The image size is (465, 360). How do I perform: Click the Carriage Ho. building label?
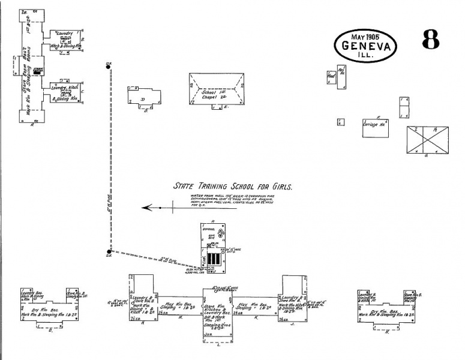pyautogui.click(x=374, y=125)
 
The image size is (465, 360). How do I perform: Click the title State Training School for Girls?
pyautogui.click(x=233, y=187)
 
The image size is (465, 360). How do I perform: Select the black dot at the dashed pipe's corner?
pyautogui.click(x=109, y=252)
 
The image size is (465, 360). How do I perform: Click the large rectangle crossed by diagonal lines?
pyautogui.click(x=428, y=139)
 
